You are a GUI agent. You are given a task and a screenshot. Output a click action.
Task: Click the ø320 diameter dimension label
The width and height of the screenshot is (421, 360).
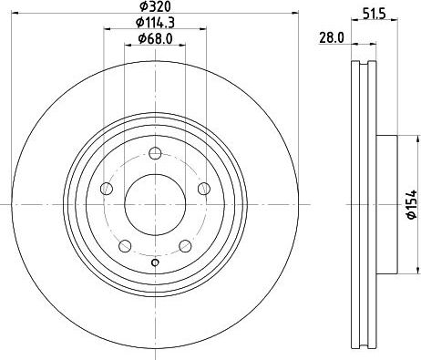(x=155, y=6)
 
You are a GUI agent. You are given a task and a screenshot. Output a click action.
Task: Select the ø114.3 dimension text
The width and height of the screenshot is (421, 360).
(x=155, y=22)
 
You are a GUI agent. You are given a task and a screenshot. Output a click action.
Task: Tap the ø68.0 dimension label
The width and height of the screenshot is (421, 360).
(x=155, y=38)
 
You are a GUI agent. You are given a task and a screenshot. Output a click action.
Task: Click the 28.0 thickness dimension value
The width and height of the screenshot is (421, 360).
(x=332, y=38)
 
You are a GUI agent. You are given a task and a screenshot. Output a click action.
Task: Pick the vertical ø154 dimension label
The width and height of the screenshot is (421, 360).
(x=412, y=204)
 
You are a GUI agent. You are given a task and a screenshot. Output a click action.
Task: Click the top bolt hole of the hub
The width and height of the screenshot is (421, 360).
(x=155, y=153)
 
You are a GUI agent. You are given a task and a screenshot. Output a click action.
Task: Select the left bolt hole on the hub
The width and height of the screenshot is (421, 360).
(x=107, y=189)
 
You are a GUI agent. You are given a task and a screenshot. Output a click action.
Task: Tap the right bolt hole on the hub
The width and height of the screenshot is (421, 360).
(x=204, y=189)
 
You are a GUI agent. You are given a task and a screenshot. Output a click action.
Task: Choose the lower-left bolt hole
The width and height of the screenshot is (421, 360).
(x=125, y=246)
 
